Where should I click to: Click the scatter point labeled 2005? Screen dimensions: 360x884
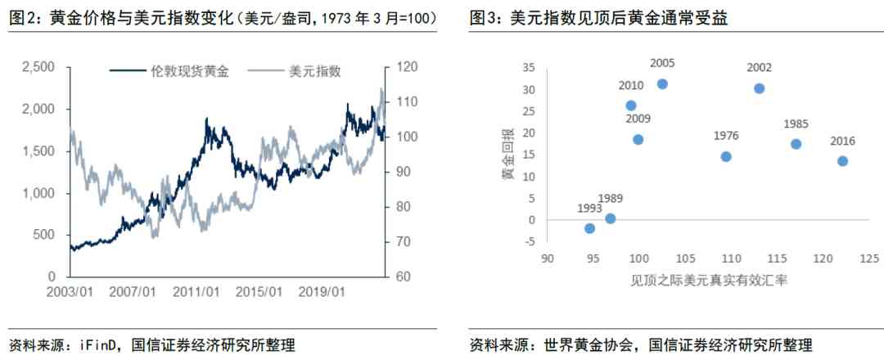(x=662, y=84)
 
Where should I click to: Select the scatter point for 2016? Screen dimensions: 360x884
(x=842, y=161)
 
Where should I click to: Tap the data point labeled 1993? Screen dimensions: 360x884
(x=589, y=228)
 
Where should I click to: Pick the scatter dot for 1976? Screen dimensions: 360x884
(x=726, y=156)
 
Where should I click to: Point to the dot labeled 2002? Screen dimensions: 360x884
(x=759, y=88)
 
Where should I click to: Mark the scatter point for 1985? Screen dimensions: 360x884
(x=796, y=144)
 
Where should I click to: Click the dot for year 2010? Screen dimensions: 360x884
(x=631, y=106)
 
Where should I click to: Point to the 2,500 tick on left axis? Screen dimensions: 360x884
(x=38, y=66)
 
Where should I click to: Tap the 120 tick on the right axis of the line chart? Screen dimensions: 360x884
(x=408, y=66)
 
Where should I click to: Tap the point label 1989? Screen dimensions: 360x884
(x=611, y=198)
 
